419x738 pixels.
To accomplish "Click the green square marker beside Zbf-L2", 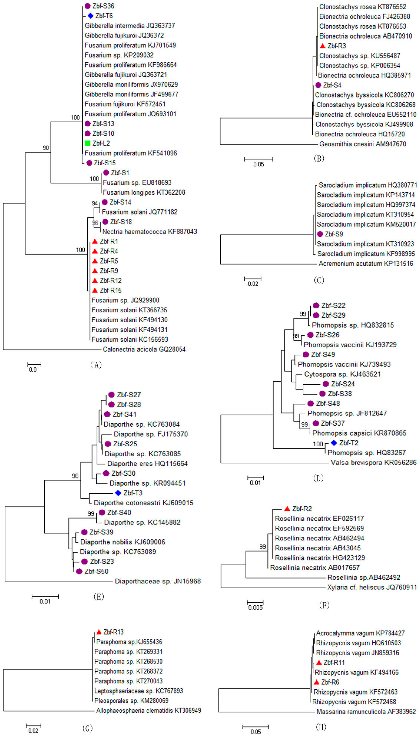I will [x=87, y=143].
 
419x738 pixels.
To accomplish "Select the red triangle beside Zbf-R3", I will [x=323, y=46].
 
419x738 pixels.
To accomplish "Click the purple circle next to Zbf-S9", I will [x=320, y=234].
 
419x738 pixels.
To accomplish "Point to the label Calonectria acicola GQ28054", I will [x=144, y=349].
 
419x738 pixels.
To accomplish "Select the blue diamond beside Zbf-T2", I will [x=334, y=443].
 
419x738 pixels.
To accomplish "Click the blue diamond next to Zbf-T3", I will [x=118, y=493].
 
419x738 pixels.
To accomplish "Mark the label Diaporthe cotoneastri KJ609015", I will [x=143, y=503].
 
